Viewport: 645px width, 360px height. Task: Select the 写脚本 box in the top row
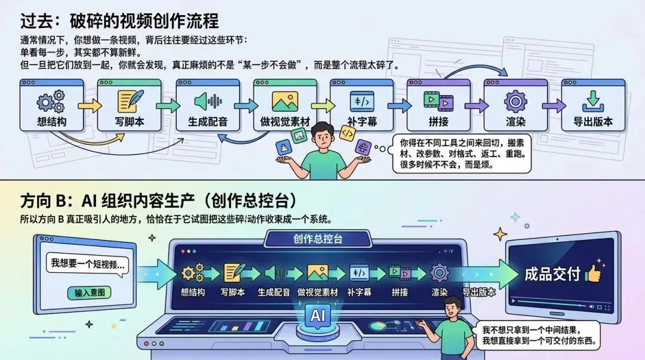coord(129,107)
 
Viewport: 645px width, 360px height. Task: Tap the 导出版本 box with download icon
coord(592,107)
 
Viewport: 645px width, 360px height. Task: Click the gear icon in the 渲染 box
coord(515,101)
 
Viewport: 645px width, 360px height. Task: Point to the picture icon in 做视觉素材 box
coord(285,101)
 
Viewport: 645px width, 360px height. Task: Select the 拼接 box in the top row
coord(438,107)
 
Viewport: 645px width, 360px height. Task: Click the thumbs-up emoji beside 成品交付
coord(592,273)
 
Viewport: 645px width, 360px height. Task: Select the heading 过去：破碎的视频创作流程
coord(119,21)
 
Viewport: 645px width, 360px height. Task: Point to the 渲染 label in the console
coord(440,293)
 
